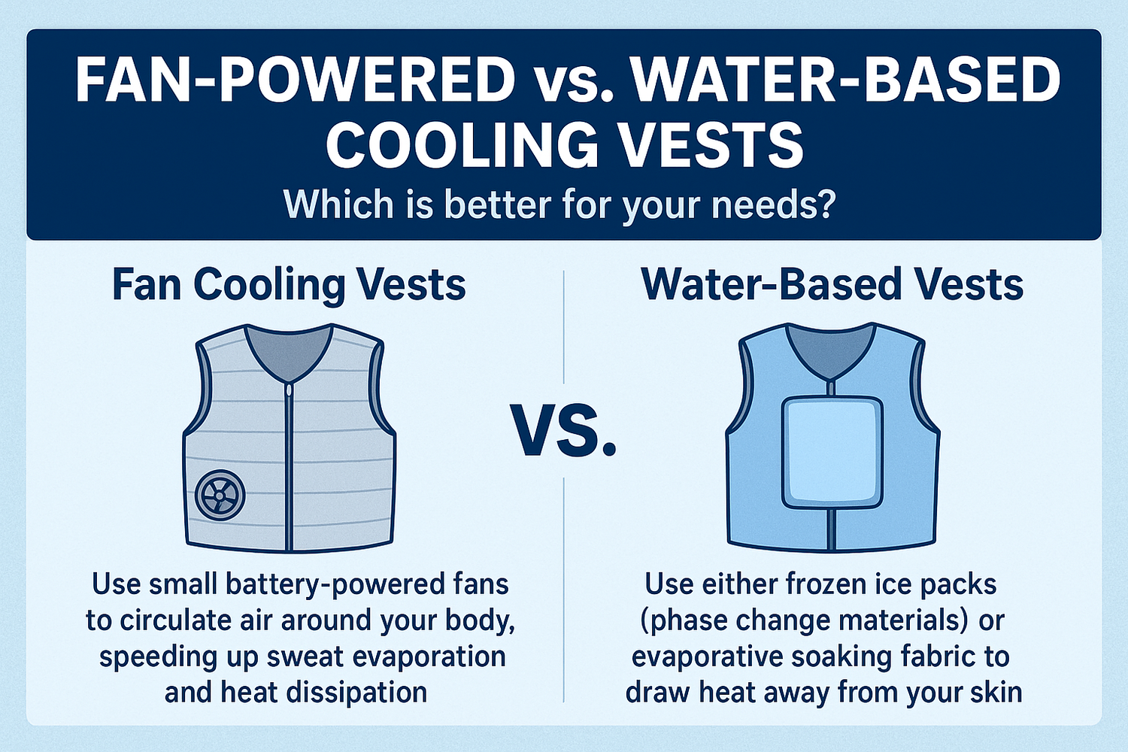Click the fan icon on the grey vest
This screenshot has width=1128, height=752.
[220, 496]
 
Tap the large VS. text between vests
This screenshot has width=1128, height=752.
[565, 430]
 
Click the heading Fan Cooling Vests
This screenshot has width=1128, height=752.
[289, 285]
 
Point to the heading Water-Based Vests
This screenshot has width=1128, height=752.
[832, 285]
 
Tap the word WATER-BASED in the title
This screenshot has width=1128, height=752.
[845, 80]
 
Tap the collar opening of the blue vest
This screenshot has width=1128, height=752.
[831, 350]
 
